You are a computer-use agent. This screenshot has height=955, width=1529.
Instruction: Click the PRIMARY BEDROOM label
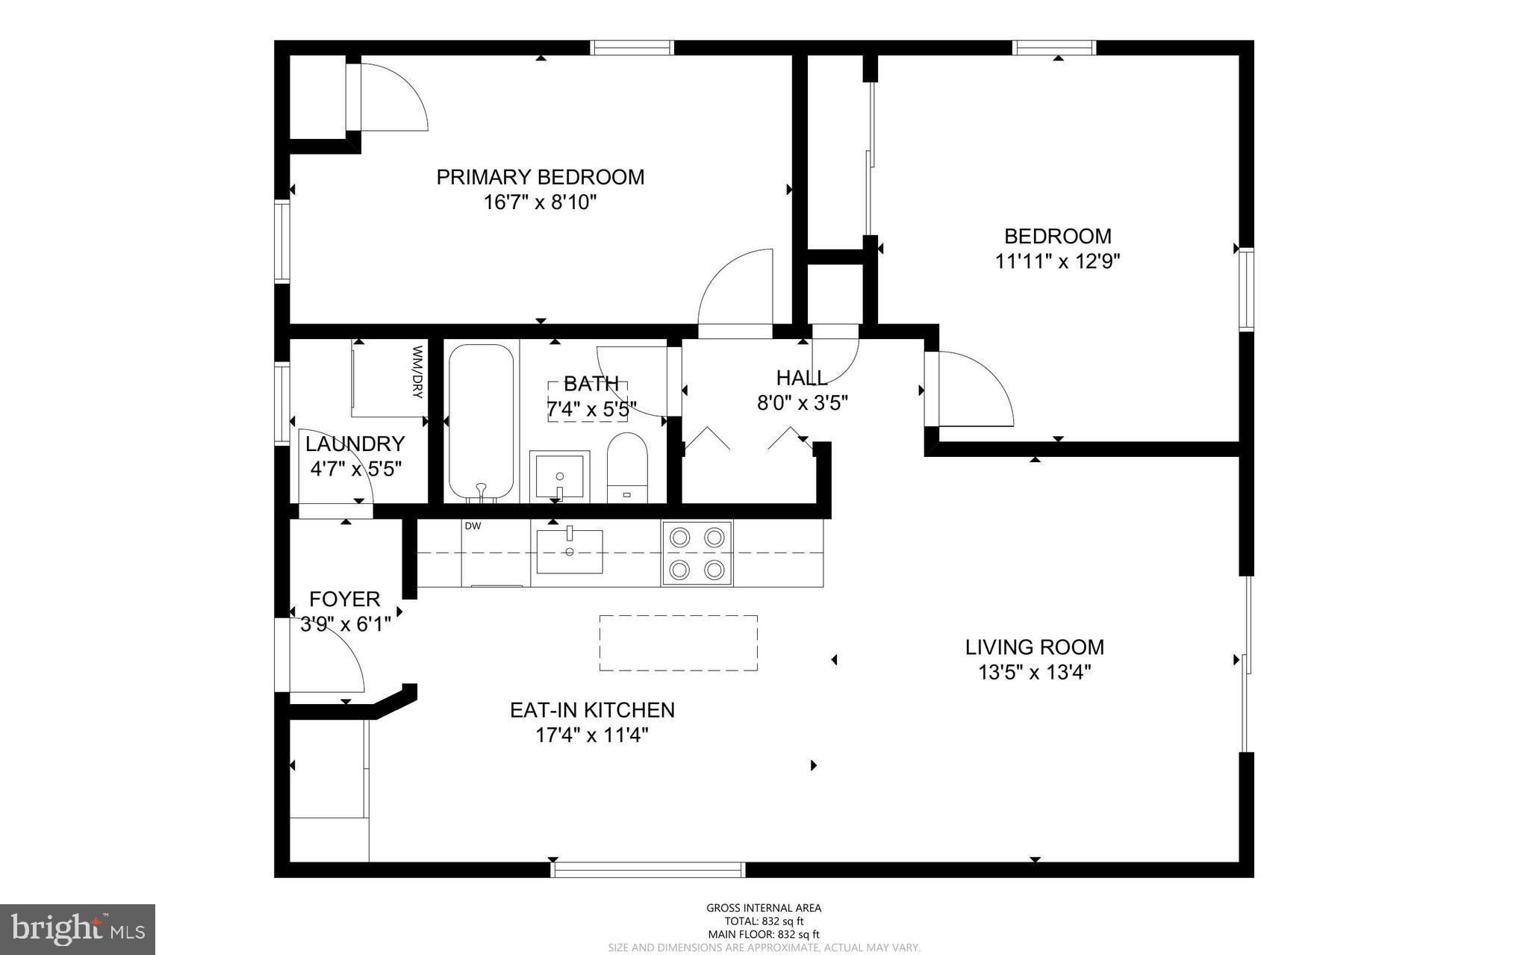[x=540, y=177]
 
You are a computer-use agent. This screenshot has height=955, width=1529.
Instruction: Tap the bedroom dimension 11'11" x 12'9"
[x=1057, y=261]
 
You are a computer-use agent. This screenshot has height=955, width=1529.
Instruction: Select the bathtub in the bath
[x=481, y=422]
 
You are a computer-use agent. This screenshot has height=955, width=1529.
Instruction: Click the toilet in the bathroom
[x=626, y=466]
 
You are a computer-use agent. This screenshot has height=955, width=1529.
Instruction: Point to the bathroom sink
[x=559, y=476]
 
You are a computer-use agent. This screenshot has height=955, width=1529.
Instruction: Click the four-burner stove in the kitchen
[x=697, y=553]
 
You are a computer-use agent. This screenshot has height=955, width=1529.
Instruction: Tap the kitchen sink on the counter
[x=570, y=551]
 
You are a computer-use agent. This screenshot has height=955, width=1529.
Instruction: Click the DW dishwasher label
[x=473, y=526]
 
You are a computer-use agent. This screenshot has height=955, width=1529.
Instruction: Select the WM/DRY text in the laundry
[x=417, y=371]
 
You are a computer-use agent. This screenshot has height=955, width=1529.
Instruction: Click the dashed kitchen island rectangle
[x=678, y=643]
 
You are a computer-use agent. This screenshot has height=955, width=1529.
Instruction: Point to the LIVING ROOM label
[x=1034, y=647]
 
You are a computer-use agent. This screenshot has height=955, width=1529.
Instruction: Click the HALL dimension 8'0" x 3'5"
[x=802, y=403]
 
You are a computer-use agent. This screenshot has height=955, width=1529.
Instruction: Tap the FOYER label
[x=344, y=599]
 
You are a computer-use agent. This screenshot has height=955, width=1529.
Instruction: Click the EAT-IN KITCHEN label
[x=592, y=709]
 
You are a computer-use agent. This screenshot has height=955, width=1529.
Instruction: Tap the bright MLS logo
[x=78, y=929]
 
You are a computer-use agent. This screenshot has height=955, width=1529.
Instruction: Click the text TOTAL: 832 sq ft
[x=763, y=921]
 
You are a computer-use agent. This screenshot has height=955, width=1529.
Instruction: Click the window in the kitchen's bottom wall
[x=647, y=869]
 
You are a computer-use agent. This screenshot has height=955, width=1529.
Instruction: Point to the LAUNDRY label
[x=355, y=444]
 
